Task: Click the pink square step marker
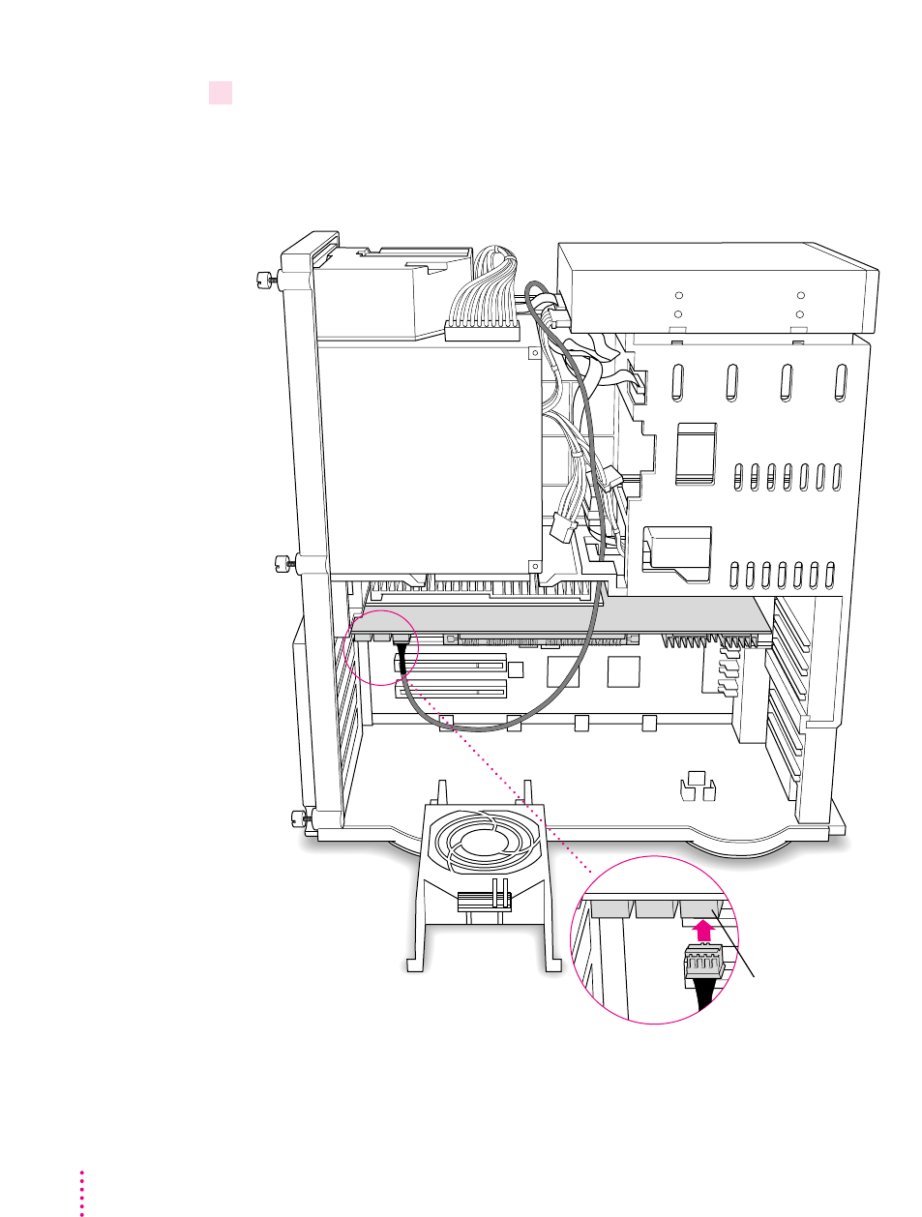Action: [221, 93]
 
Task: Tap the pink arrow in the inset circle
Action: [706, 931]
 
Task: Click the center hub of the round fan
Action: [474, 840]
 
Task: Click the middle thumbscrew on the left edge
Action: [283, 561]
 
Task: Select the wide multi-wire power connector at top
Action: [482, 329]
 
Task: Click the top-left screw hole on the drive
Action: [678, 296]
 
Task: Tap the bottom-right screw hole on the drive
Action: [800, 314]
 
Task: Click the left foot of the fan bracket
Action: [414, 965]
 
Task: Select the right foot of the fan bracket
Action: [553, 965]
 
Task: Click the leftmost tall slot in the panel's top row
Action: [678, 383]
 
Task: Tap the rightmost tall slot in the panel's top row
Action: [841, 383]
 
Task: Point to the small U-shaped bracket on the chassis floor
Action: [697, 786]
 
